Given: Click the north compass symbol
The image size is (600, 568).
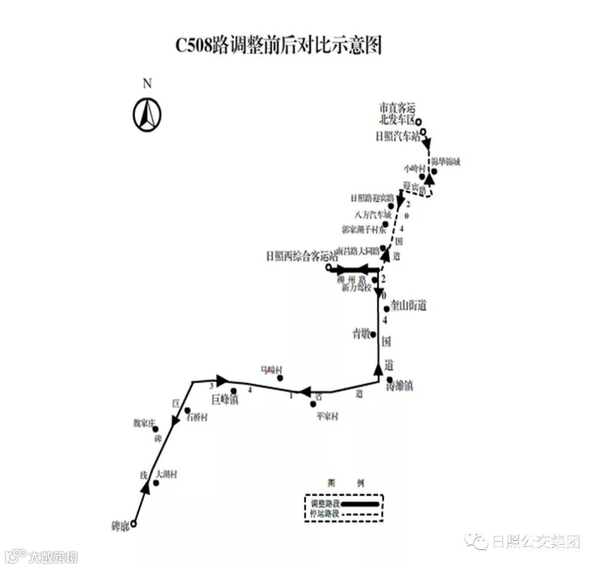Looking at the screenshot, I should [x=147, y=114].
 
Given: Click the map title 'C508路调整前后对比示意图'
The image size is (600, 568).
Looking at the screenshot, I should [x=279, y=46].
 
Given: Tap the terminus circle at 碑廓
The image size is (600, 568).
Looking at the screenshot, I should [x=133, y=524].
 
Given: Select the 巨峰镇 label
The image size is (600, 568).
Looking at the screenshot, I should [x=224, y=400].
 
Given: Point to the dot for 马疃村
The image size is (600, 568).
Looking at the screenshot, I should [x=281, y=378].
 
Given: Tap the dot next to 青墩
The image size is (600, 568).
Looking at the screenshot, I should [x=373, y=334].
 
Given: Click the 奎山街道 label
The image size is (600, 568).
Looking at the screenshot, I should [x=408, y=306].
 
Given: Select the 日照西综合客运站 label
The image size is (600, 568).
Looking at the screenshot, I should [x=301, y=256].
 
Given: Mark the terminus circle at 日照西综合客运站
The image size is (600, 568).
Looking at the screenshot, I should [x=328, y=269].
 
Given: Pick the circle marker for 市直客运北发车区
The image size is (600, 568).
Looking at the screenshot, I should [x=419, y=122].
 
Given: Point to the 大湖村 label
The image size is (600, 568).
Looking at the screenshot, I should [x=167, y=475].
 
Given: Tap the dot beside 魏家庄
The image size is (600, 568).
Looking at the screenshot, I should [x=156, y=429].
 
